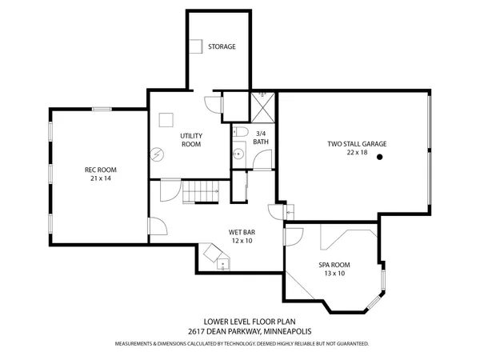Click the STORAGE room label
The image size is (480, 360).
222,46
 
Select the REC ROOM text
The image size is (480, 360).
101,170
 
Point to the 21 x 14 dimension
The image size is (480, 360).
101,178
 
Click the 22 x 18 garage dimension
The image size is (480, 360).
356,152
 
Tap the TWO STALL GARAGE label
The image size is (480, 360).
356,144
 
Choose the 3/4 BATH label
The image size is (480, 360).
261,138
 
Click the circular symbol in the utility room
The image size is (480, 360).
158,154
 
